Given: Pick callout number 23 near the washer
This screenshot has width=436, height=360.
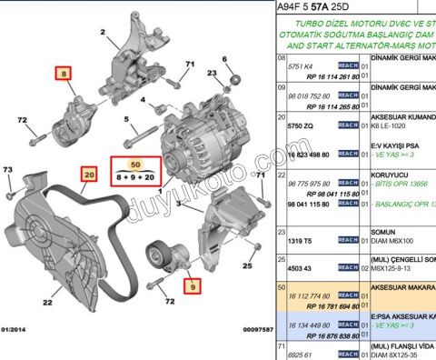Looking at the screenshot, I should tap(211, 71).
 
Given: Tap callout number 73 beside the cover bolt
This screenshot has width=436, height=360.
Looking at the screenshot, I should tap(7, 170).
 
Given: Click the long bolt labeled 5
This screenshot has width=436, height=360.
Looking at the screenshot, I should tap(138, 136).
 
